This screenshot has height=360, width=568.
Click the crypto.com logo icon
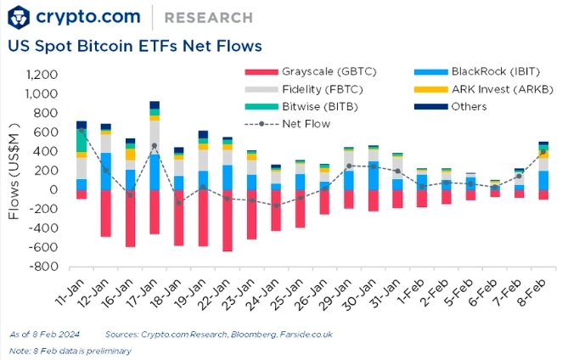coord(20,16)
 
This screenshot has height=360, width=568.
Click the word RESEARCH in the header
coord(207,17)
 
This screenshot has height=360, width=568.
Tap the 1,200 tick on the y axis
coord(42,75)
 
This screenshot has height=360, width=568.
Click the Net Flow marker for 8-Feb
coord(543,153)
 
